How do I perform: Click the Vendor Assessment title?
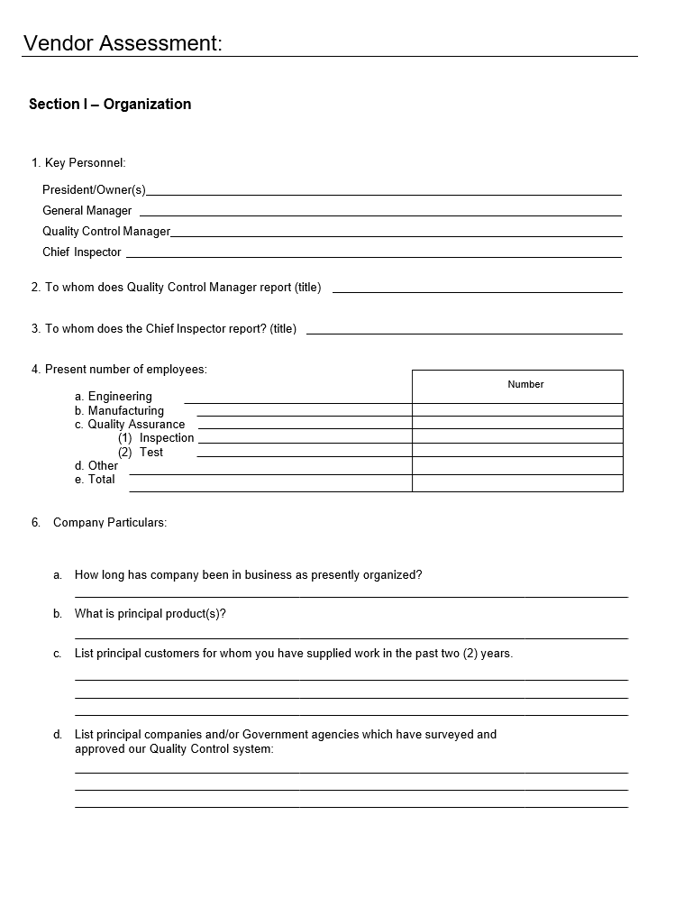coord(123,42)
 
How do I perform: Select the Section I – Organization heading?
coord(110,104)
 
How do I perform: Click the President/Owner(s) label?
coord(94,189)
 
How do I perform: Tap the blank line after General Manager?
coord(380,214)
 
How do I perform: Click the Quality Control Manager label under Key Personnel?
coord(106,232)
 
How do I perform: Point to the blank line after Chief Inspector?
coord(373,255)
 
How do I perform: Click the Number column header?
coord(525,385)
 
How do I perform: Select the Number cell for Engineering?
coord(517,397)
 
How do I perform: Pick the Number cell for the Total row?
coord(517,483)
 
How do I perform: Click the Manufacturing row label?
coord(125,410)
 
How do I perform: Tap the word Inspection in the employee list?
coord(167,438)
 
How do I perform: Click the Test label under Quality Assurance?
coord(151,452)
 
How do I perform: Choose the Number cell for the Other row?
coord(517,466)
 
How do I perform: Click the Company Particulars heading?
coord(110,522)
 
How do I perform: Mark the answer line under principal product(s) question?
coord(351,637)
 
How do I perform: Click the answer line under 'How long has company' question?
coord(351,596)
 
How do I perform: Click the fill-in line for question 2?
coord(478,291)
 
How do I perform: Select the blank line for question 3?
coord(464,333)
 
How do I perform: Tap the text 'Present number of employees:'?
coord(126,369)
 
